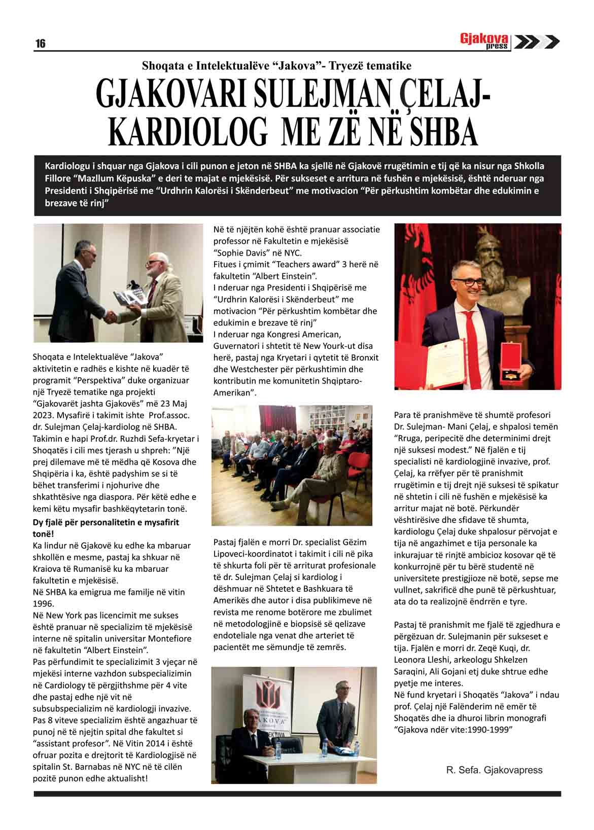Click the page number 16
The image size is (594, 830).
40,44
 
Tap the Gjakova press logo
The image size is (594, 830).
485,41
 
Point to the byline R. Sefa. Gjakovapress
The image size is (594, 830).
494,770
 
